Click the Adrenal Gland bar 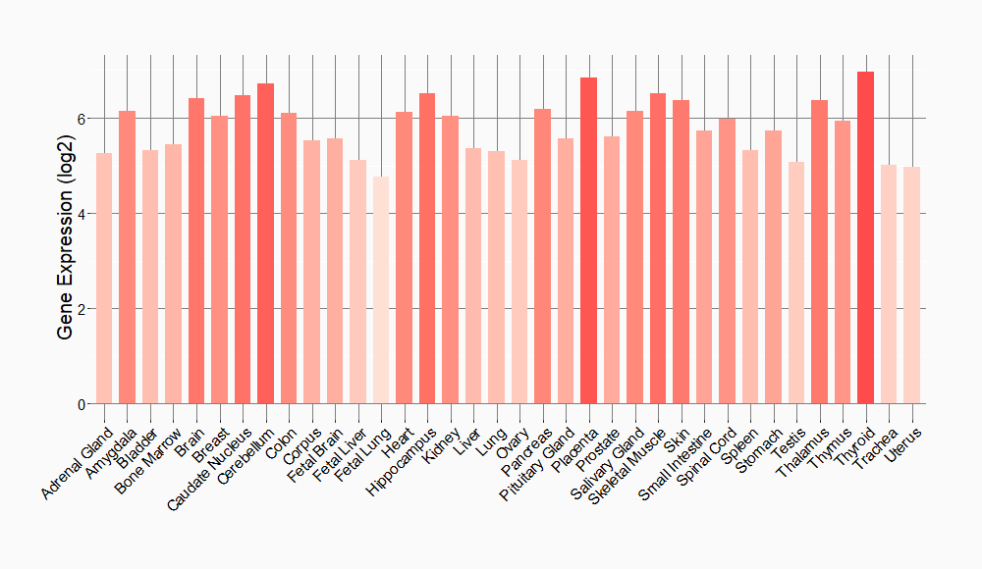pyautogui.click(x=104, y=279)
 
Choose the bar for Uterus pyautogui.click(x=911, y=285)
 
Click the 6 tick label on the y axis pyautogui.click(x=82, y=119)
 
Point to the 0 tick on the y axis pyautogui.click(x=82, y=404)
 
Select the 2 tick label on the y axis pyautogui.click(x=82, y=309)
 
